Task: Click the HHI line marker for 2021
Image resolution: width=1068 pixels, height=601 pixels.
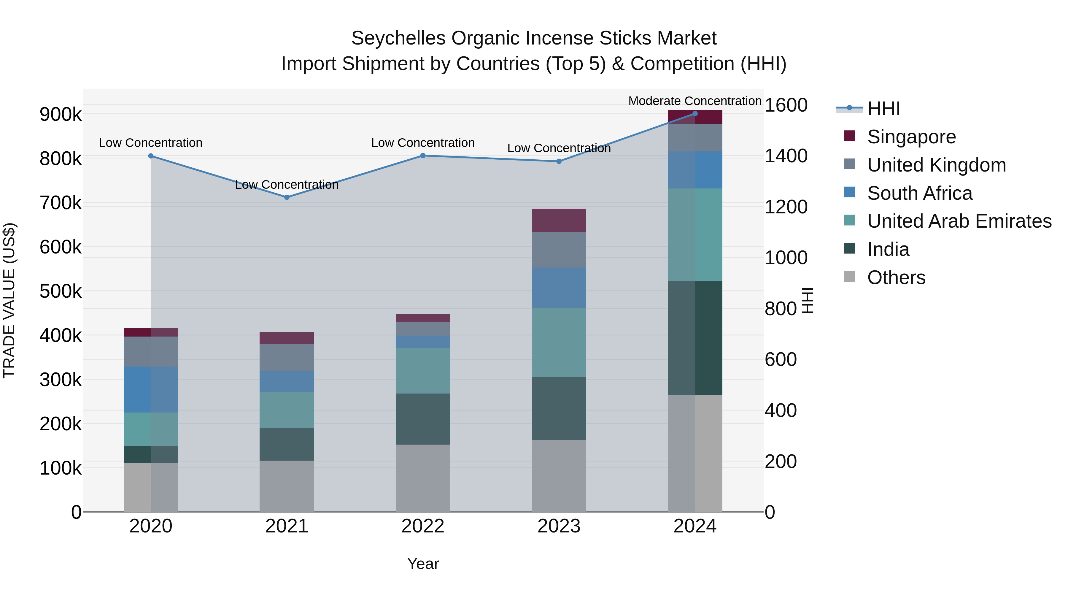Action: pos(287,197)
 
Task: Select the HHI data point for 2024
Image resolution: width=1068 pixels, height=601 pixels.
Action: pos(695,114)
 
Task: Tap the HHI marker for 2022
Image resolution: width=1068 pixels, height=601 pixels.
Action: pos(423,156)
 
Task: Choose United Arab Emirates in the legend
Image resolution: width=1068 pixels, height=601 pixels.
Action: pos(959,221)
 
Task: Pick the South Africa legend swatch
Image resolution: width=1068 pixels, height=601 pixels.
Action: pos(850,192)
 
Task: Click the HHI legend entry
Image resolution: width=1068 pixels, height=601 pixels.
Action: pos(883,109)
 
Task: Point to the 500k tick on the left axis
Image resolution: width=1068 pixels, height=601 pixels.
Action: pos(61,291)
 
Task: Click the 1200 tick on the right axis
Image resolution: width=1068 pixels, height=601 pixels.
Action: pos(786,207)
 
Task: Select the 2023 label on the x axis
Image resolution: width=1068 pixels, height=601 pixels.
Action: pos(559,526)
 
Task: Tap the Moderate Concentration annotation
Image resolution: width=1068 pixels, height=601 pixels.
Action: pos(695,101)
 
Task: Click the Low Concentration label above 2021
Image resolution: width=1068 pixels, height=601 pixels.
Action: pos(287,185)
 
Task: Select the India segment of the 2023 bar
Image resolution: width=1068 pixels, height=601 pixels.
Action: pos(559,408)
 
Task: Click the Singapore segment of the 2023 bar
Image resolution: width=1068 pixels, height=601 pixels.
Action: pos(559,220)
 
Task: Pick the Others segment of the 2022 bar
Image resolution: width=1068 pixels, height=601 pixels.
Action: pos(423,478)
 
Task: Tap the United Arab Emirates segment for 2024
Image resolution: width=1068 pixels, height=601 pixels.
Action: pos(695,235)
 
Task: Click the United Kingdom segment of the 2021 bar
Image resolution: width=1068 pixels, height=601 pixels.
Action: pos(287,357)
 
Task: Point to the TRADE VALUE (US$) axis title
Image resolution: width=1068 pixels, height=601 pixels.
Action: pos(9,300)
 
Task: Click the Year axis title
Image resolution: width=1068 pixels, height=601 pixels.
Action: pos(423,564)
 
